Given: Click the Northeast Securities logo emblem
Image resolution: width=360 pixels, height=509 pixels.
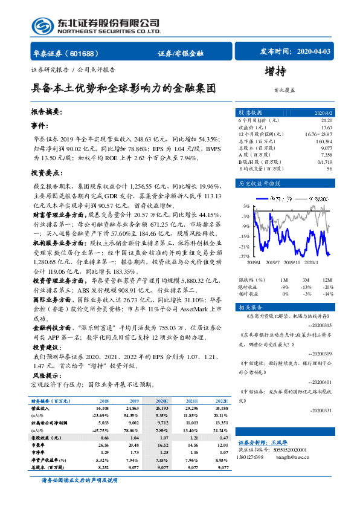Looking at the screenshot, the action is [x=43, y=26].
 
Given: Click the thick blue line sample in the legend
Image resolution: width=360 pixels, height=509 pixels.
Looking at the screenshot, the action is [x=263, y=198].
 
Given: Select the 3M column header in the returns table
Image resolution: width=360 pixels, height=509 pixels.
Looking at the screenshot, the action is [x=306, y=280].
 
